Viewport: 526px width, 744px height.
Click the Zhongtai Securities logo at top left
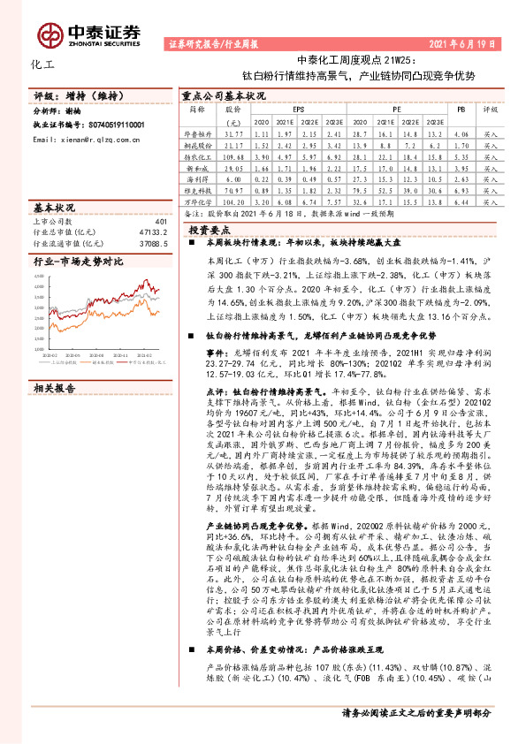pos(101,31)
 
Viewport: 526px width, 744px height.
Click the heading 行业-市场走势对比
pos(78,262)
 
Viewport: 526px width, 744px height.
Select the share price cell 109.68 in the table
pos(233,155)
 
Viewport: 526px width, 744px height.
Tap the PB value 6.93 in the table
pos(460,189)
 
